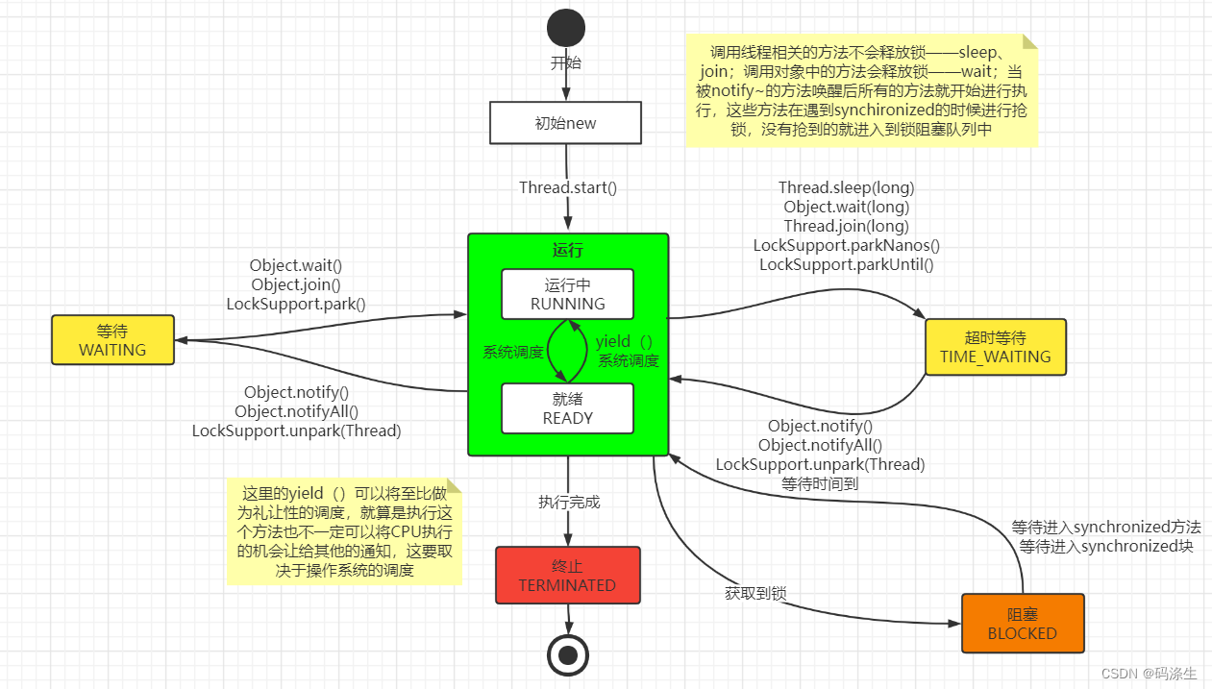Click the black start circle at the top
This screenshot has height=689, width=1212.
coord(566,28)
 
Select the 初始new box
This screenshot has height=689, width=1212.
coord(565,123)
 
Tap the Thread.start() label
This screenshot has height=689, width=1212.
coord(567,187)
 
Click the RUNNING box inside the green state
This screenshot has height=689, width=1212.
coord(567,294)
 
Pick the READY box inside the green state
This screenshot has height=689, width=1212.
coord(567,408)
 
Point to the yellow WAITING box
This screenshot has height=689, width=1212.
coord(112,340)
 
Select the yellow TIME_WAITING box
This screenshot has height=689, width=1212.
coord(995,347)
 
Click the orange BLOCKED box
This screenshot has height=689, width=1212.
coord(1022,624)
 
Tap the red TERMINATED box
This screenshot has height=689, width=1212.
coord(567,575)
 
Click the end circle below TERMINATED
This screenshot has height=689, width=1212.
coord(567,655)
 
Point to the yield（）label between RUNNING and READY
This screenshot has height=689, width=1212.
coord(624,342)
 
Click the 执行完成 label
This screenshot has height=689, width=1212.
coord(568,502)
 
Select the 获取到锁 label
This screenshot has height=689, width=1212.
coord(755,594)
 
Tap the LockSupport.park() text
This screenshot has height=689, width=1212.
coord(296,304)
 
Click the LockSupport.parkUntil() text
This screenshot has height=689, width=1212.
coord(846,264)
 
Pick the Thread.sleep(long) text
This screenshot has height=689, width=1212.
coord(846,187)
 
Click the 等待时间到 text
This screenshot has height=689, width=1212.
coord(819,483)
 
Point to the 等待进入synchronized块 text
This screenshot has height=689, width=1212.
coord(1106,547)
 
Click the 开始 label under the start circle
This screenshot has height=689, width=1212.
coord(566,63)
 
